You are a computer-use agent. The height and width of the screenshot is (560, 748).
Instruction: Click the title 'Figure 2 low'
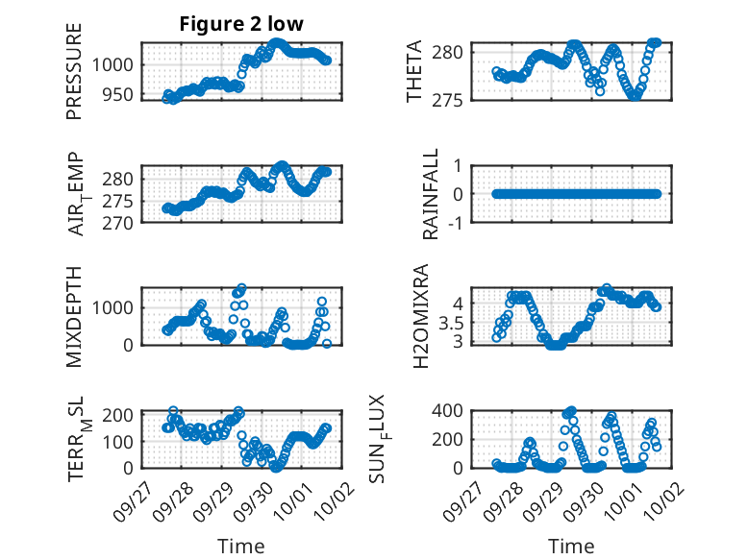[x=241, y=25]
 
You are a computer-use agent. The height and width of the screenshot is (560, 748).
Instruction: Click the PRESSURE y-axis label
[x=75, y=71]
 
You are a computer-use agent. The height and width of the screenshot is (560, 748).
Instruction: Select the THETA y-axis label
[x=414, y=71]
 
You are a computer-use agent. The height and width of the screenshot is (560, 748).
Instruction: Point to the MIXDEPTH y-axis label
[x=75, y=317]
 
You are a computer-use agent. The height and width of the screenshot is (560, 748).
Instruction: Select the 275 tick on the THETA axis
[x=458, y=100]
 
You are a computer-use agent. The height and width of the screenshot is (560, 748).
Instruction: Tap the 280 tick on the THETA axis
[x=458, y=51]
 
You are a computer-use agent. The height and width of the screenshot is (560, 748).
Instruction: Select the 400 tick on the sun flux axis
[x=458, y=411]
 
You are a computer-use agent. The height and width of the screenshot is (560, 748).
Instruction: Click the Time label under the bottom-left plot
[x=241, y=547]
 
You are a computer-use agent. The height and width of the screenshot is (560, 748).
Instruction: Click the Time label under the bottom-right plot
[x=571, y=547]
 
